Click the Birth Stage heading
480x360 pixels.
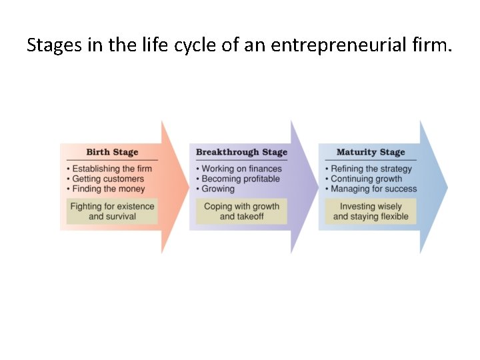(112, 153)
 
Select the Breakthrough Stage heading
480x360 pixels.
(241, 153)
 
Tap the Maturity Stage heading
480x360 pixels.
(371, 153)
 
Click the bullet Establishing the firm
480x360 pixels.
(112, 169)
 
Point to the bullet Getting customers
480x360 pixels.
(108, 179)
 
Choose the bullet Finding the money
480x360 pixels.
(108, 189)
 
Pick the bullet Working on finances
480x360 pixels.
(241, 169)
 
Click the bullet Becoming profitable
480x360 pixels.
(241, 179)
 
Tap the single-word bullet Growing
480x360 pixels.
(218, 189)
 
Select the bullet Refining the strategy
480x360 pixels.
(371, 169)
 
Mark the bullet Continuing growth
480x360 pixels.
(366, 179)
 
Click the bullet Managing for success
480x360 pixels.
(373, 189)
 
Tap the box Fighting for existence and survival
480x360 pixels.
(112, 211)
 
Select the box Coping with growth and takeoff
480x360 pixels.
(241, 211)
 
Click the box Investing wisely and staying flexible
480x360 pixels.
(371, 211)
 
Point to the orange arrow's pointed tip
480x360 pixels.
(187, 187)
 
